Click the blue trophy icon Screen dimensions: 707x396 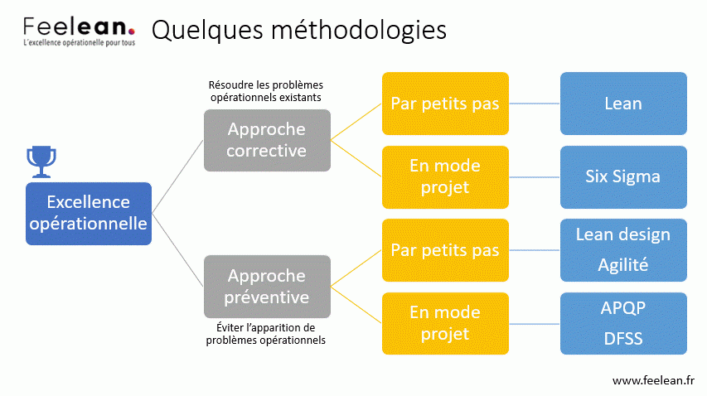pyautogui.click(x=41, y=162)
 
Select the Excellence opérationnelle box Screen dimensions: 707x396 pyautogui.click(x=89, y=214)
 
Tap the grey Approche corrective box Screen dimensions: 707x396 pyautogui.click(x=267, y=140)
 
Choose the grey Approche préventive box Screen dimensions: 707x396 pyautogui.click(x=267, y=287)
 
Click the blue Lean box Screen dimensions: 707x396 pyautogui.click(x=623, y=104)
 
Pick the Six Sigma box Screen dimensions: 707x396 pyautogui.click(x=623, y=177)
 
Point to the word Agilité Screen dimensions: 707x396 pyautogui.click(x=623, y=265)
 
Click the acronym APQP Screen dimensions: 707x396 pyautogui.click(x=623, y=308)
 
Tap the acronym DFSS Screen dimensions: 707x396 pyautogui.click(x=623, y=338)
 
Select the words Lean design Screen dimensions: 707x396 pyautogui.click(x=623, y=234)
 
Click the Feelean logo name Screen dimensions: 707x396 pyautogui.click(x=79, y=27)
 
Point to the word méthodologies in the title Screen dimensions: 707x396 pyautogui.click(x=359, y=31)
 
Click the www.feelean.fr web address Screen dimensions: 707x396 pyautogui.click(x=653, y=381)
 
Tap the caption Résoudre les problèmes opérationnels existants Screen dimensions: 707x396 pyautogui.click(x=266, y=91)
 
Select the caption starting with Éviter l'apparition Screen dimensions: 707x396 pyautogui.click(x=266, y=334)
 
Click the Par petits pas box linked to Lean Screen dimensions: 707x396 pyautogui.click(x=445, y=104)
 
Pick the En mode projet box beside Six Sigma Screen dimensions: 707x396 pyautogui.click(x=445, y=177)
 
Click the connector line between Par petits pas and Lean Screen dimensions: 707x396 pyautogui.click(x=535, y=104)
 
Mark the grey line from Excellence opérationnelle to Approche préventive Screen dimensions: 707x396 pyautogui.click(x=177, y=249)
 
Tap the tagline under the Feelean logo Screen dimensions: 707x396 pyautogui.click(x=80, y=43)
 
